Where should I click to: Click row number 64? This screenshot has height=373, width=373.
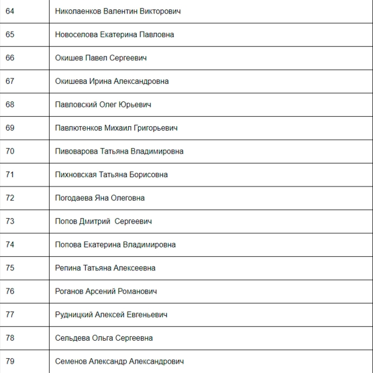[10, 11]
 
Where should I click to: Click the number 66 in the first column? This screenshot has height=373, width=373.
[10, 58]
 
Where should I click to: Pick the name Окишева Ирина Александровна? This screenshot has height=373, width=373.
[111, 81]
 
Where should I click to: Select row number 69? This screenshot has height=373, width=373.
[10, 128]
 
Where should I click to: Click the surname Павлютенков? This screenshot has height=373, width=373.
[80, 128]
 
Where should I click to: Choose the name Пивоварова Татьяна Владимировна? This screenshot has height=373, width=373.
[119, 151]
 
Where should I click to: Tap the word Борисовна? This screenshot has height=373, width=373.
[149, 175]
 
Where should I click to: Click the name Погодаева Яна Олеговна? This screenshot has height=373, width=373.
[99, 198]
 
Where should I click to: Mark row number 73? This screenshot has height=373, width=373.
[10, 221]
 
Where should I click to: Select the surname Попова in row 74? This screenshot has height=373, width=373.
[67, 244]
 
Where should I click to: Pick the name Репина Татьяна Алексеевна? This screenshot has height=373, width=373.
[105, 268]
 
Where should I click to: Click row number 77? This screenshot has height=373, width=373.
[10, 315]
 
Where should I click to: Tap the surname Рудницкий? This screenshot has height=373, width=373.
[74, 315]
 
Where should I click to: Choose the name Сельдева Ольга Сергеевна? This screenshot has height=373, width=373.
[104, 338]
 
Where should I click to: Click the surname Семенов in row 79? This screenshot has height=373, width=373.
[70, 361]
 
